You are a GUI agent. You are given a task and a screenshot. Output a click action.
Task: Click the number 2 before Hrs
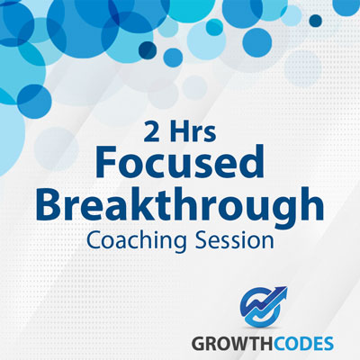coord(151,132)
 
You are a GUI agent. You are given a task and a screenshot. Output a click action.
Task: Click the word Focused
coord(180,162)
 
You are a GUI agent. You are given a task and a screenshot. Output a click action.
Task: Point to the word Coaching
coord(137,241)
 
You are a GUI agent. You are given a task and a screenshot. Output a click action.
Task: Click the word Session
coord(235,241)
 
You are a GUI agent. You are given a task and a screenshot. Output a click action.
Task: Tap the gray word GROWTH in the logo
coord(226,344)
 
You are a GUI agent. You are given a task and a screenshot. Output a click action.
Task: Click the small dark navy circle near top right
coord(315,21)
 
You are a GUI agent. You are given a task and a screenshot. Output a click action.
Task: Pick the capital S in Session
coord(202,240)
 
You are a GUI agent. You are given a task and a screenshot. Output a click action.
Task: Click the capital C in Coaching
coord(94,240)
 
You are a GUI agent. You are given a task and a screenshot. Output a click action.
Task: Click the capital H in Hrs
coord(178,132)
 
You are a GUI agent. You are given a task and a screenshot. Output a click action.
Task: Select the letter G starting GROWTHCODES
coord(198,344)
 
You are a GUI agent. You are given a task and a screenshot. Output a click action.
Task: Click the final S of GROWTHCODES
coord(328,344)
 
